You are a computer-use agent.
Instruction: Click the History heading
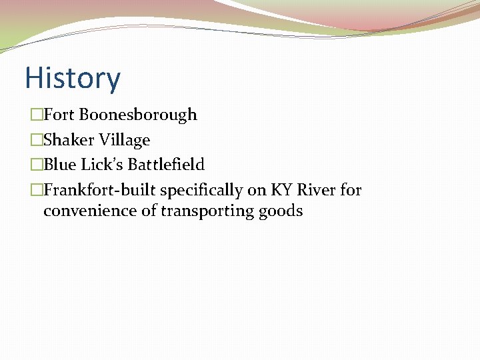coord(73,78)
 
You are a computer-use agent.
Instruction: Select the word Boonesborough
coord(138,115)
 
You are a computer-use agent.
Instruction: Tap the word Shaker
coord(68,140)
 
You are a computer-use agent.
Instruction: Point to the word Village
coord(124,140)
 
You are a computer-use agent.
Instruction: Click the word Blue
coord(57,165)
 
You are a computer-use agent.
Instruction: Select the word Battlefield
coord(166,165)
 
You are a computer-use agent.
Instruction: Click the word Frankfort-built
coord(100,190)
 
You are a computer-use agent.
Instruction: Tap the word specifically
coord(201,191)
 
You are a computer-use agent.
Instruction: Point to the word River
coord(316,190)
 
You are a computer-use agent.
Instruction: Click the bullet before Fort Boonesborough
coord(36,115)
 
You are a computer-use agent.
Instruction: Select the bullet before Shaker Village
coord(36,141)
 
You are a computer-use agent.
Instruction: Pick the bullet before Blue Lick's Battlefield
coord(36,165)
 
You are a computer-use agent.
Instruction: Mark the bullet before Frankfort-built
coord(36,191)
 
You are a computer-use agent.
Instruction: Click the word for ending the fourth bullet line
coord(351,190)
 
